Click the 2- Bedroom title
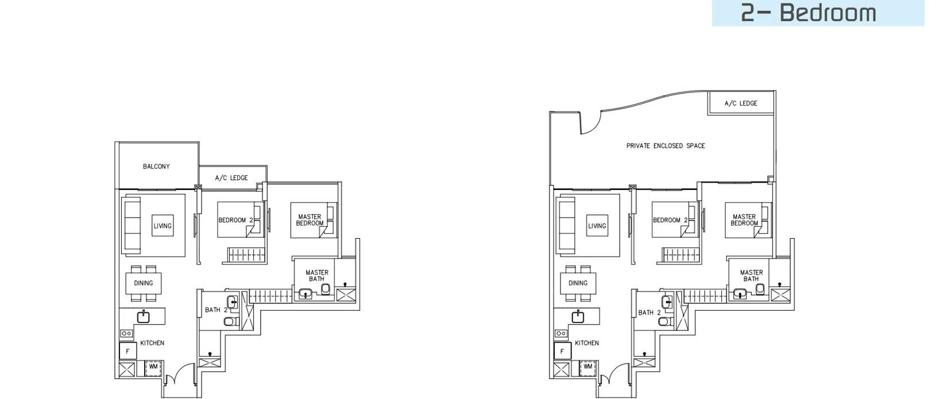click(809, 13)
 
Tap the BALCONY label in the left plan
click(156, 166)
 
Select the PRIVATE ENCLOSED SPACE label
click(666, 146)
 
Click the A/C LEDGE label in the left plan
click(231, 178)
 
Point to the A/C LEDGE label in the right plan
click(741, 103)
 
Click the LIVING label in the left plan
click(163, 226)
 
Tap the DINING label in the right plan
click(578, 283)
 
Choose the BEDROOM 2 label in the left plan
click(235, 220)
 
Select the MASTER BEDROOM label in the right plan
click(744, 220)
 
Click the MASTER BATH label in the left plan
click(316, 276)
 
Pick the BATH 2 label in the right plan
click(649, 313)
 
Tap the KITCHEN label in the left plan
click(152, 343)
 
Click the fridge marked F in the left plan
click(127, 351)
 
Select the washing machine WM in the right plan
click(587, 367)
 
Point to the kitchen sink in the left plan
click(144, 316)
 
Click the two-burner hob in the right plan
click(561, 334)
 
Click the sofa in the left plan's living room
click(132, 225)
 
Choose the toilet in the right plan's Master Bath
click(760, 289)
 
